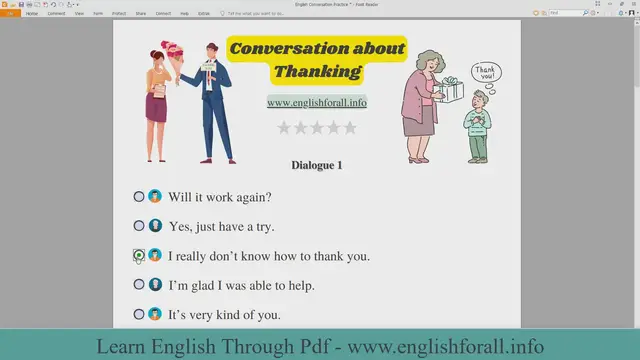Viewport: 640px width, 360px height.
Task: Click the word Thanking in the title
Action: (318, 71)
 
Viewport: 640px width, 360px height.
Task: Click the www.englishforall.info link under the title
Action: (316, 102)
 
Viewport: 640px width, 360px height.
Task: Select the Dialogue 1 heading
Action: (317, 165)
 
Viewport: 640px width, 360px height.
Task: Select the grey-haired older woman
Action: (420, 105)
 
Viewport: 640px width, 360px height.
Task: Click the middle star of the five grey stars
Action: (316, 128)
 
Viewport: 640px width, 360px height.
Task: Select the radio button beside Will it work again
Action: (139, 197)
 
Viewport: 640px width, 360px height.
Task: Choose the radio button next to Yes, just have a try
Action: (139, 226)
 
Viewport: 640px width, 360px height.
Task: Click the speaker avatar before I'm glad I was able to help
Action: (155, 285)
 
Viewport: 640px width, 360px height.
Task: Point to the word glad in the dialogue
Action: (204, 286)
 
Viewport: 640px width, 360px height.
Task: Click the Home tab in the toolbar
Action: (33, 13)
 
